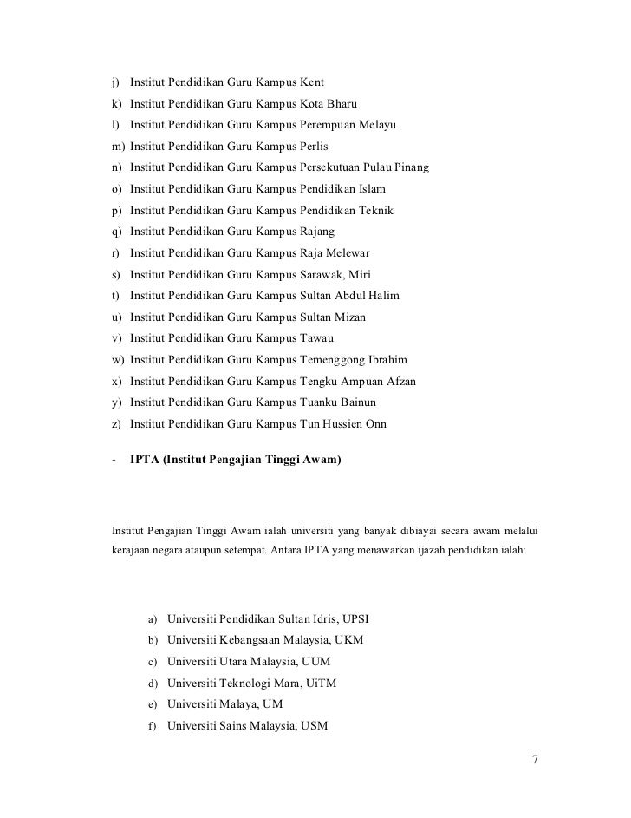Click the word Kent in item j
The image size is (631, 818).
pyautogui.click(x=311, y=83)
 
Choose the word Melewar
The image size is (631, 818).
pyautogui.click(x=347, y=253)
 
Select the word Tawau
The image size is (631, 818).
pyautogui.click(x=316, y=338)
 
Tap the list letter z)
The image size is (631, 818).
pyautogui.click(x=115, y=424)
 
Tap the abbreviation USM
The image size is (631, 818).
pyautogui.click(x=313, y=726)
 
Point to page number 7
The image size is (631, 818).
pyautogui.click(x=535, y=760)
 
